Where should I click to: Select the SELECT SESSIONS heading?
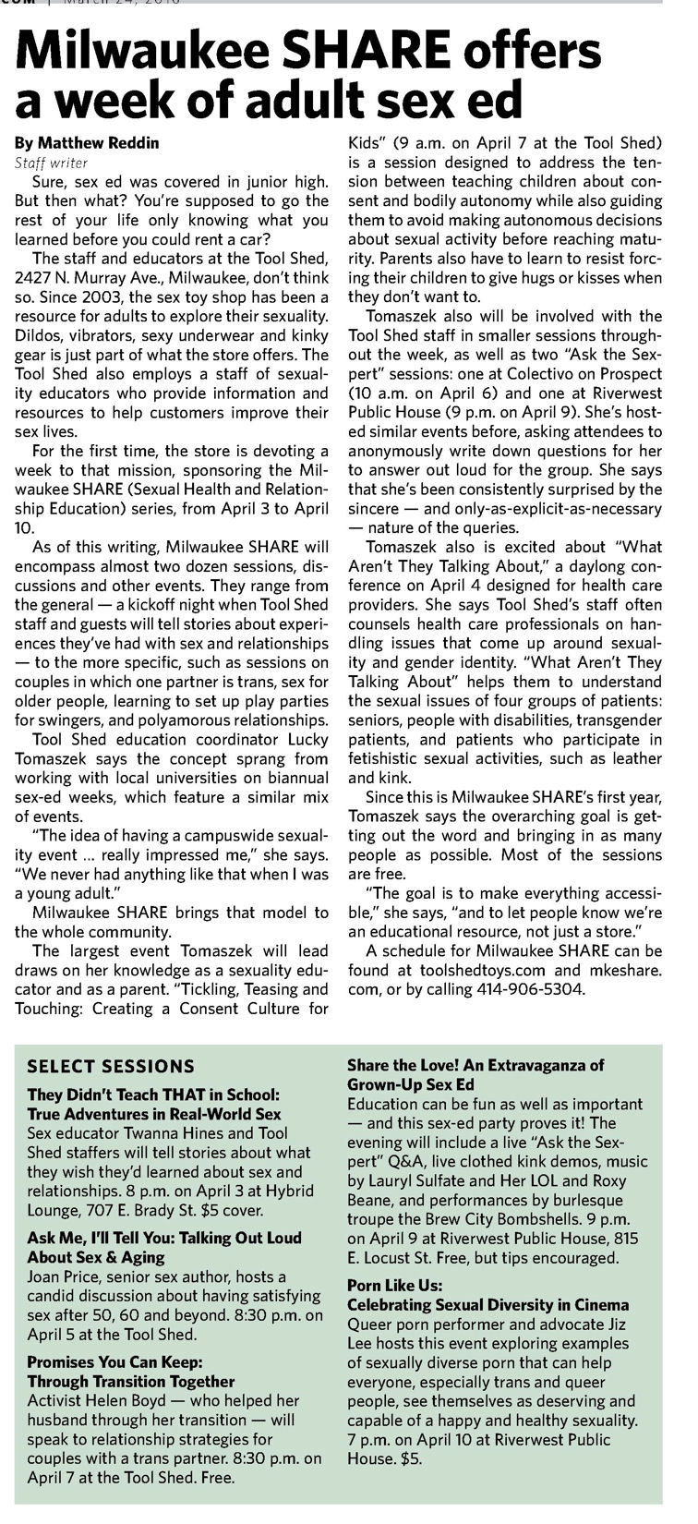point(111,1065)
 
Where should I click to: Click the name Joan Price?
point(65,1276)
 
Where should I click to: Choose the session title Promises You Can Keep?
point(114,1361)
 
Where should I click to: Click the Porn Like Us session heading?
point(395,1285)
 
